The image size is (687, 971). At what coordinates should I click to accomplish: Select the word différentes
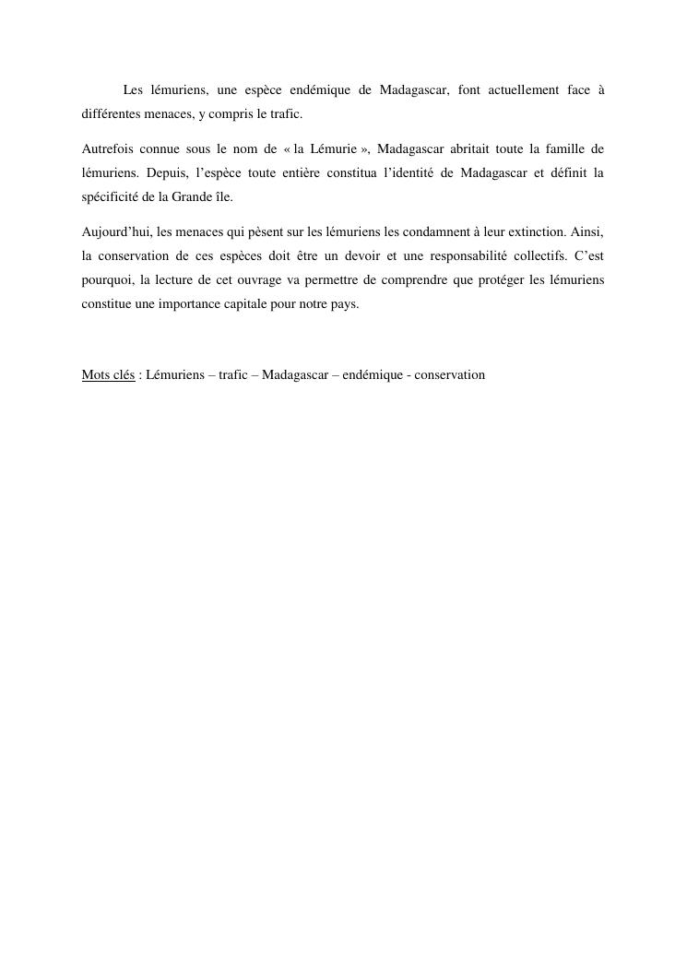click(x=112, y=114)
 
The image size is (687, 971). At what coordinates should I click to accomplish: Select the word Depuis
click(x=162, y=172)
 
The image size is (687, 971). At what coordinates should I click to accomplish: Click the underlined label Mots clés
click(x=108, y=375)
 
